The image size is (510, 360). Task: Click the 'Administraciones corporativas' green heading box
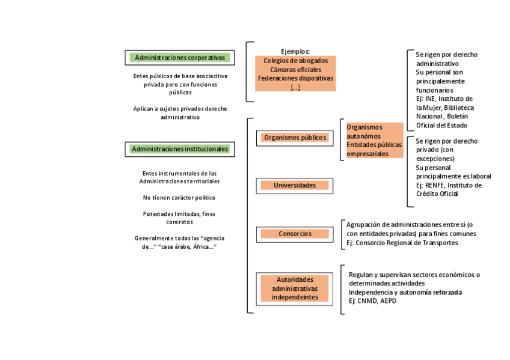pos(180,58)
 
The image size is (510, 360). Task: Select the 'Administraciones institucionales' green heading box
pos(180,149)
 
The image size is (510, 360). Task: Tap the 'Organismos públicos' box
pos(295,138)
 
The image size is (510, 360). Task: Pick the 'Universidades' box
pos(295,185)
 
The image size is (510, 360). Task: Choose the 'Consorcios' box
pos(295,233)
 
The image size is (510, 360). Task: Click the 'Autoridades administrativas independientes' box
pos(295,288)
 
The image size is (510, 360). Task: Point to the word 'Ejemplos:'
pos(295,51)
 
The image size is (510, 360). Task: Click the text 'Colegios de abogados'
pos(295,61)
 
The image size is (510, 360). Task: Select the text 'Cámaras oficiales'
pos(295,70)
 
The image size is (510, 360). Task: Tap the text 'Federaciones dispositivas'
pos(295,78)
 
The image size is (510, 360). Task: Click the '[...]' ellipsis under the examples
pos(295,87)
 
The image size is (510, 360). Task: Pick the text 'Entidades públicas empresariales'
pos(373,149)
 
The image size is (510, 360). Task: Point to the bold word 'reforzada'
pos(448,292)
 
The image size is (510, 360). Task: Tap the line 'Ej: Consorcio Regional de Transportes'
pos(402,243)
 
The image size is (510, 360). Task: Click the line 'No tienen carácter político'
pos(179,198)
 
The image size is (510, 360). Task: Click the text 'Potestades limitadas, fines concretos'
pos(179,218)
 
